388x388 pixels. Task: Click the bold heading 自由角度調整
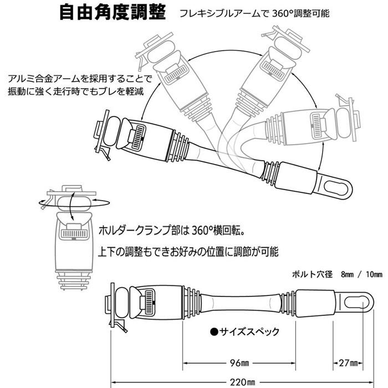tap(113, 12)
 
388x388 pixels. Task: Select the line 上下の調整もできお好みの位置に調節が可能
tap(188, 251)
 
